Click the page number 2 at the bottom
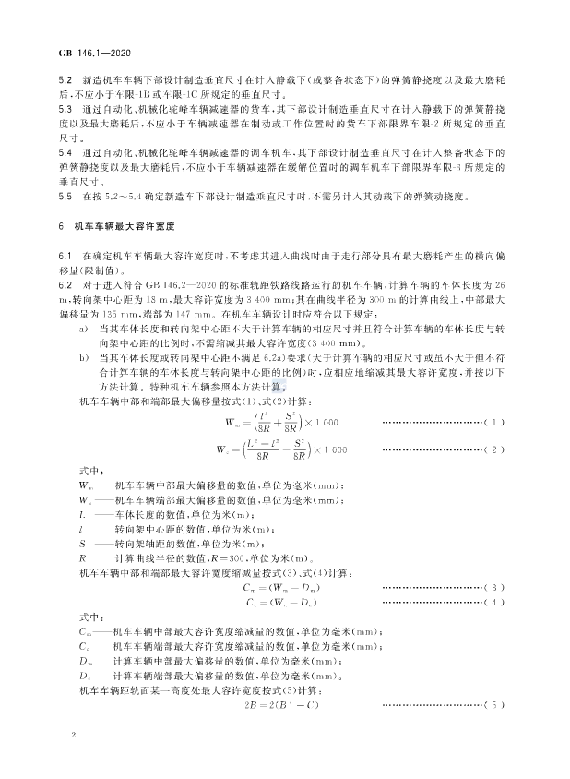point(72,738)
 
